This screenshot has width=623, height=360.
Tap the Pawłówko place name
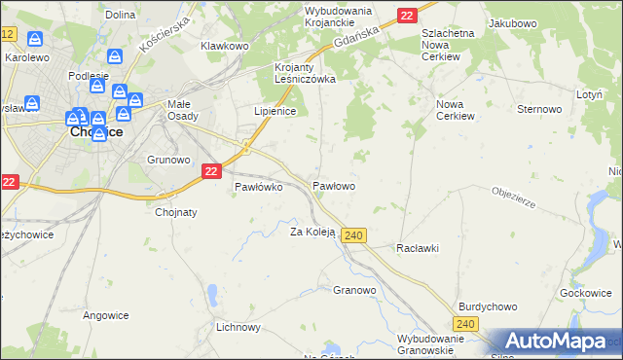coord(258,188)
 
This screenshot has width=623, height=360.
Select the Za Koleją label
coord(312,232)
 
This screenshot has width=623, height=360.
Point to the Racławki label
coord(418,248)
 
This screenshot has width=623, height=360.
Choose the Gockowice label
coord(586,293)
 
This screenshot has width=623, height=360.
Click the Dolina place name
coord(120,15)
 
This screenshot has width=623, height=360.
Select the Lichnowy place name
coord(239,327)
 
